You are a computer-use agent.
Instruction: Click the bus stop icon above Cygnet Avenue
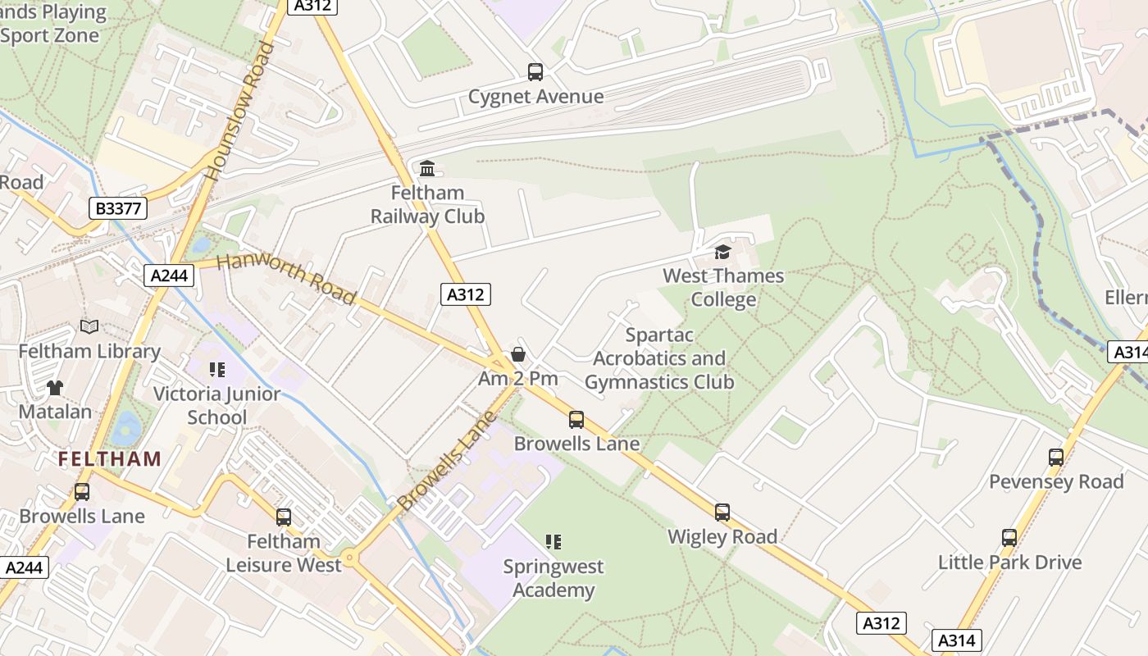[535, 72]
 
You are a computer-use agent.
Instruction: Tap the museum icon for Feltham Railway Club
[427, 169]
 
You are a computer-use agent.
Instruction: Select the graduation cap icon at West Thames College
[722, 252]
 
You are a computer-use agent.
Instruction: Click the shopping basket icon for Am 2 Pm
[518, 354]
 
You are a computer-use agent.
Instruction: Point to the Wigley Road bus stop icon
[722, 512]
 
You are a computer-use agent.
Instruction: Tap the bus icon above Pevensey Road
[1056, 458]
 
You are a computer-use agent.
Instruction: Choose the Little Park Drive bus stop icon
[1009, 538]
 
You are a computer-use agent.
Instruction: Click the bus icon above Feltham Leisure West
[284, 517]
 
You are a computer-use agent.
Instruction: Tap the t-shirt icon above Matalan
[55, 387]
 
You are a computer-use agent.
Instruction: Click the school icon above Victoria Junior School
[216, 370]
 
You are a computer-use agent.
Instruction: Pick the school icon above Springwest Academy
[553, 542]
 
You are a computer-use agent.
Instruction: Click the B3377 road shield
[119, 208]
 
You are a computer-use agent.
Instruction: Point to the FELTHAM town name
[110, 459]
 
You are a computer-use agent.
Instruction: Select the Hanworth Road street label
[287, 278]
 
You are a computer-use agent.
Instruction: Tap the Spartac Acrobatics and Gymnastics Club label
[659, 358]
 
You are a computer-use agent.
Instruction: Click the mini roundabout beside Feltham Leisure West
[350, 558]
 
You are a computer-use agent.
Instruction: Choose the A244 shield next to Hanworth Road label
[170, 276]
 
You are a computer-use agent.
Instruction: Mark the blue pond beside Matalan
[127, 427]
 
